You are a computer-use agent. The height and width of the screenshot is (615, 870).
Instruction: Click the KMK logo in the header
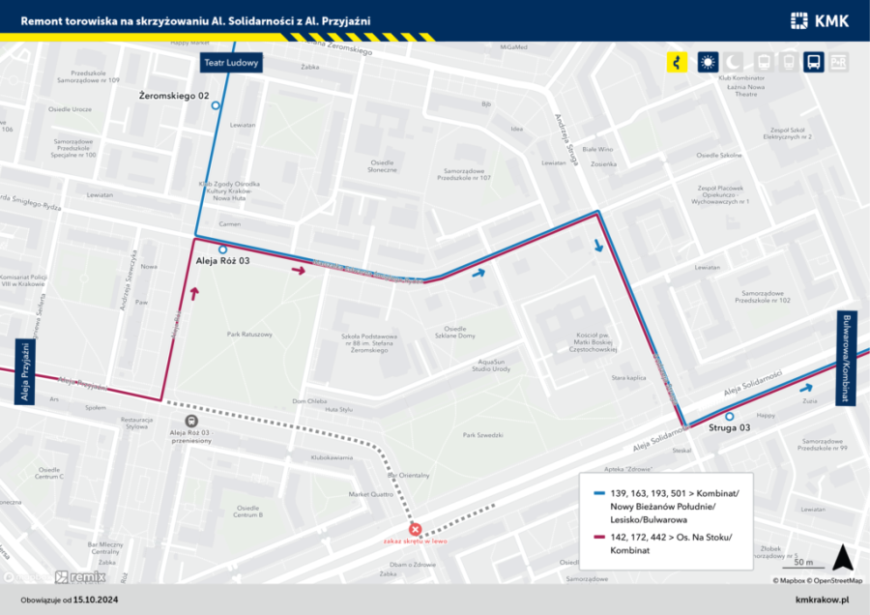click(820, 19)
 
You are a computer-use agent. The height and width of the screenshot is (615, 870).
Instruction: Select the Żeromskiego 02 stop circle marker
click(216, 106)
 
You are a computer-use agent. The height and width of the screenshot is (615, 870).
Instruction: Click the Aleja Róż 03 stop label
click(223, 261)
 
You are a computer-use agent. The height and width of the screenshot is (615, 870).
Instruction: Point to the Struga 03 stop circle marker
click(730, 417)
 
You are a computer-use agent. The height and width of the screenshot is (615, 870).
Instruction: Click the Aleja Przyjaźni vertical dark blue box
click(25, 372)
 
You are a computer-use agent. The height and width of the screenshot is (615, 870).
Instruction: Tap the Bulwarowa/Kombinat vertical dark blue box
click(846, 358)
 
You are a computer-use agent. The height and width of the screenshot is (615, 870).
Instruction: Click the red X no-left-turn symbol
click(416, 529)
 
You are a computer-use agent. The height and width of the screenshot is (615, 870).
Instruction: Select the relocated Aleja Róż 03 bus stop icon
click(190, 421)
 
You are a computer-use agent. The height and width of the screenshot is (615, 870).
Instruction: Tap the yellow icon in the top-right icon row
click(677, 62)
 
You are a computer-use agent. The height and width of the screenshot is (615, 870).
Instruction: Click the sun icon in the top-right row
click(708, 62)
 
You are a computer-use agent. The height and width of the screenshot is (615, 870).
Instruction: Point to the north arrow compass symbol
click(842, 557)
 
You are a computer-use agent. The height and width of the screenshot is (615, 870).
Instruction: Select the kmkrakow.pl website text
click(822, 600)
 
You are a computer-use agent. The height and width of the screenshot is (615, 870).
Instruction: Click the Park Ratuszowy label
click(249, 335)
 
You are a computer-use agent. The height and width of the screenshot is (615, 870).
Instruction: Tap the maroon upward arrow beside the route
click(196, 294)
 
